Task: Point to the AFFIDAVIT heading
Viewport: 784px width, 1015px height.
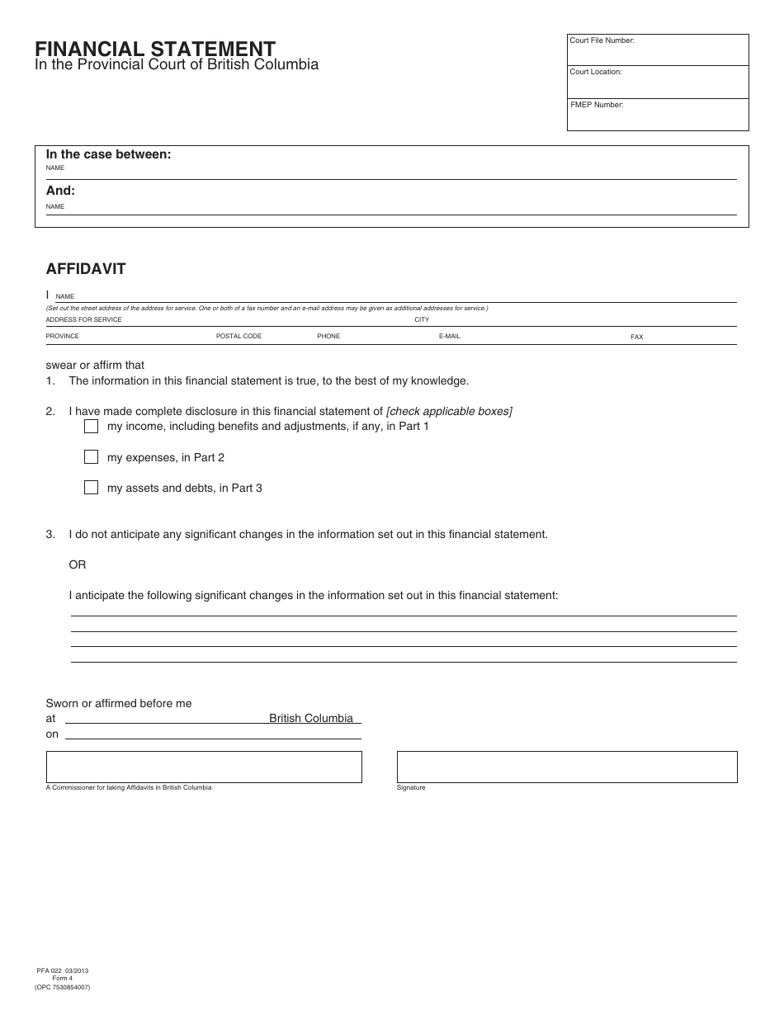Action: coord(86,269)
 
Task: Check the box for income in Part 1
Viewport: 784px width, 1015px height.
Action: coord(91,426)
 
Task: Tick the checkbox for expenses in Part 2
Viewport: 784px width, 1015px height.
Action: coord(91,456)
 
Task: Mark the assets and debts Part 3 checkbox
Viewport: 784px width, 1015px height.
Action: coord(91,487)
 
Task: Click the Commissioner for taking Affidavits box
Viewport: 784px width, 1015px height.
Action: coord(204,767)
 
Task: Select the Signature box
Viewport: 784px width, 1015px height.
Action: coord(567,767)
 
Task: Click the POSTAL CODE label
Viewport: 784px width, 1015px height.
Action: coord(239,337)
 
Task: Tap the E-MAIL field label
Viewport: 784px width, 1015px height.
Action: coord(449,337)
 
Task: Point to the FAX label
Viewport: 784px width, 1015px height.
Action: coord(636,338)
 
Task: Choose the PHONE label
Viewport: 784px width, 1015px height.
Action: coord(328,337)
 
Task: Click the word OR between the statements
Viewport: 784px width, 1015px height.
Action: coord(78,565)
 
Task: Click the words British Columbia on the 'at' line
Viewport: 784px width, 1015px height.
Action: coord(311,718)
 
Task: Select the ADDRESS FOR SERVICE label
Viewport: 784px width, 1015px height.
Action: coord(83,320)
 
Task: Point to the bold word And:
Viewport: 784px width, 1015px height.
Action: coord(60,191)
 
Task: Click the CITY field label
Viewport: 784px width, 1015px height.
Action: coord(422,320)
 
